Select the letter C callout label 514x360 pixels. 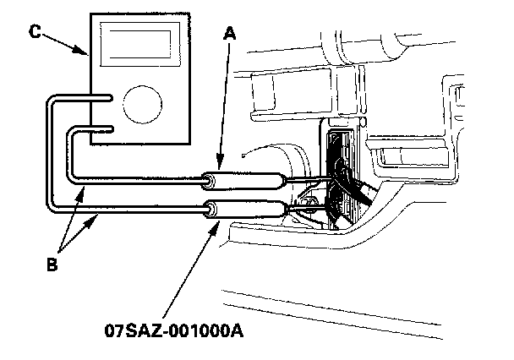[x=35, y=32]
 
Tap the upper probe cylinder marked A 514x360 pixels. [x=246, y=179]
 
